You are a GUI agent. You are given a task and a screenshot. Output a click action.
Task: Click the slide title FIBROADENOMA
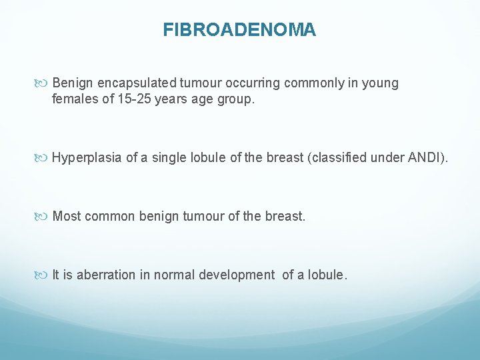(x=239, y=30)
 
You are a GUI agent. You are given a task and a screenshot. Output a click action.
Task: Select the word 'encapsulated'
(x=137, y=83)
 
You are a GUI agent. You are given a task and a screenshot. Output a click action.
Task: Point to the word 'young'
(x=380, y=84)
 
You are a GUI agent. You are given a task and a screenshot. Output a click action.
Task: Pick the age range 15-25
(x=134, y=99)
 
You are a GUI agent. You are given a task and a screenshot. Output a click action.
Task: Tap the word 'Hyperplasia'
(x=87, y=158)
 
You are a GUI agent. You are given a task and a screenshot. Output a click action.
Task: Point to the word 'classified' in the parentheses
(x=339, y=157)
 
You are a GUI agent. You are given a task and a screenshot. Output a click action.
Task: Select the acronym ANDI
(x=423, y=157)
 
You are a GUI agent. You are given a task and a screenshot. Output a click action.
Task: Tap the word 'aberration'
(x=106, y=275)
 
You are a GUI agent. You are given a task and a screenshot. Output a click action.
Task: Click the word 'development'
(x=237, y=275)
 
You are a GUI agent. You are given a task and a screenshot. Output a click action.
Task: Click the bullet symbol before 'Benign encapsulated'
(x=41, y=83)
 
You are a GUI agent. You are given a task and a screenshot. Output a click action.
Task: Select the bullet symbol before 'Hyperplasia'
(x=41, y=158)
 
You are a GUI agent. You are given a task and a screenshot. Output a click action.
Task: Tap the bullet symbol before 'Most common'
(x=41, y=217)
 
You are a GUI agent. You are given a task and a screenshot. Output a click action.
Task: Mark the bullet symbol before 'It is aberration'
(x=41, y=275)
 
